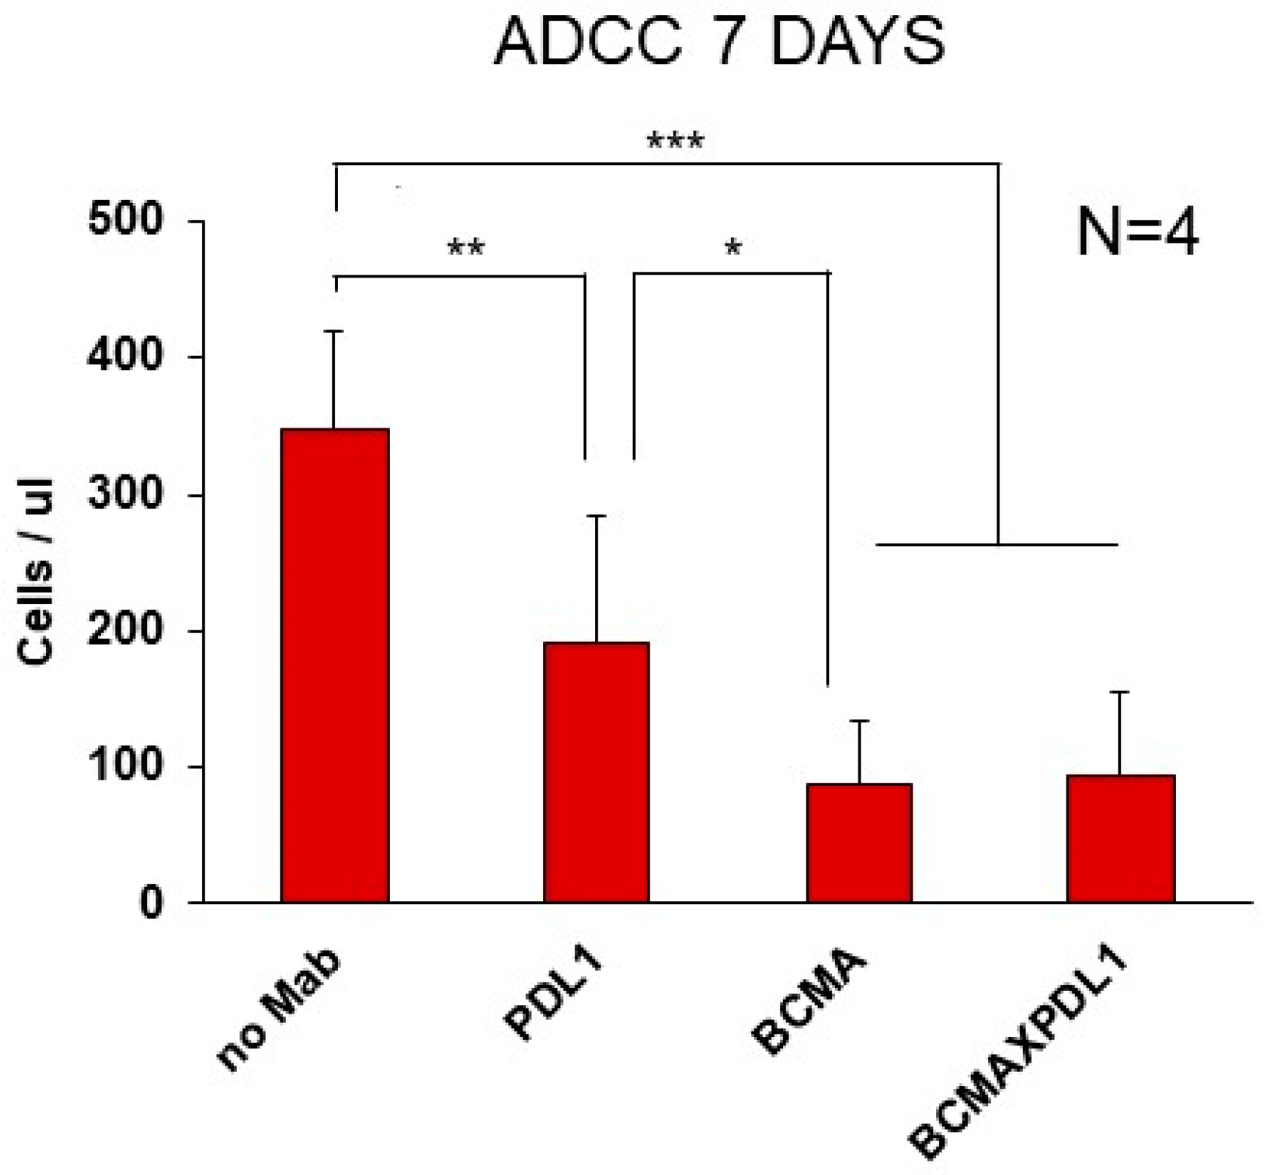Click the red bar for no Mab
334,664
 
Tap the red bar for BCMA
858,842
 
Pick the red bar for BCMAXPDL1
1120,838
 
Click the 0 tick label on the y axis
151,903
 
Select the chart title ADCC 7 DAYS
718,43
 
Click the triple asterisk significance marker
675,141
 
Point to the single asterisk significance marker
732,247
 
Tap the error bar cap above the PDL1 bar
596,516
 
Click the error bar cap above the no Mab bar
334,331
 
